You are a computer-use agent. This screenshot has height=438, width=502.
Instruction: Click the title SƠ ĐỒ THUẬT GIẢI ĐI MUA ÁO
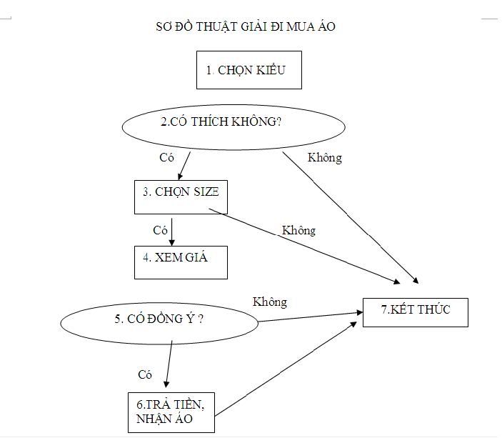(246, 27)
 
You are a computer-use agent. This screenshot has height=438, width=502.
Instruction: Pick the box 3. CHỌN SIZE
(181, 196)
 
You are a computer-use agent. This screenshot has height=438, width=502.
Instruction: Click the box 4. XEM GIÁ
(181, 262)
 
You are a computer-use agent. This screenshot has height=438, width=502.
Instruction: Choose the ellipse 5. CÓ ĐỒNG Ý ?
(159, 319)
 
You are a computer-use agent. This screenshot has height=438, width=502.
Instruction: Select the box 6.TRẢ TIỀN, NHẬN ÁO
(170, 411)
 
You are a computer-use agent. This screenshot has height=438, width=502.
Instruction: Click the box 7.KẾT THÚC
(415, 312)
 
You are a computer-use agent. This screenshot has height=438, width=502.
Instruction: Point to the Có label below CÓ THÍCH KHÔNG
(166, 157)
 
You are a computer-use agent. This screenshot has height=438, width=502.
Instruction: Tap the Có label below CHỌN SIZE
(161, 230)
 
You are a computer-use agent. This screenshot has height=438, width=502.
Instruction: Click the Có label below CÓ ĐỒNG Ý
(146, 374)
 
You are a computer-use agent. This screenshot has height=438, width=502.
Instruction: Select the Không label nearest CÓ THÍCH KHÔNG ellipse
(324, 158)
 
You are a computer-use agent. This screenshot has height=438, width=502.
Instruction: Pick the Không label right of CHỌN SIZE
(298, 230)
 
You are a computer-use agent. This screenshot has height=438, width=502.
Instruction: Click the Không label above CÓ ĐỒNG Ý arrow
(270, 302)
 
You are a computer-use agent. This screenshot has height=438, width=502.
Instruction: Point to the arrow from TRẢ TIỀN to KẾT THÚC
(286, 369)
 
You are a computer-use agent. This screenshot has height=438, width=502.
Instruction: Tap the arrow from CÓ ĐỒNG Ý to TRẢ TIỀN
(170, 364)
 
